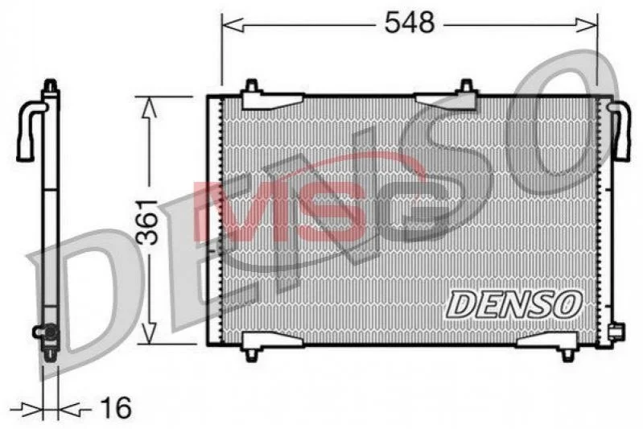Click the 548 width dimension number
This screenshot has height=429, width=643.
coord(410,23)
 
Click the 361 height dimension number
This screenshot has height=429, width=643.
coord(147,222)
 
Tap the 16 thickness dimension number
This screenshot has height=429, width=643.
coord(116,408)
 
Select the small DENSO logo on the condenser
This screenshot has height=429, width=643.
coord(514,304)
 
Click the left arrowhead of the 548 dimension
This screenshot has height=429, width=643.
coord(233,25)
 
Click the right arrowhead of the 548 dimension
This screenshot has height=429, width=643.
coord(587,25)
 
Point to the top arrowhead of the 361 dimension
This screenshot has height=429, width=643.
coord(149,108)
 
